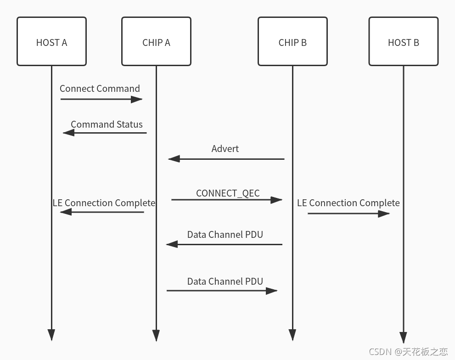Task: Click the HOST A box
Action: click(51, 42)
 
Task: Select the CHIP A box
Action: click(156, 42)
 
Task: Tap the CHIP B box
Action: click(292, 42)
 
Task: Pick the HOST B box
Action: click(403, 42)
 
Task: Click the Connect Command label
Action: click(100, 89)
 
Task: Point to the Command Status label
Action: click(107, 124)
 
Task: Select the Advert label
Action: click(225, 149)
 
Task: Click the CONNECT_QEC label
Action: click(228, 193)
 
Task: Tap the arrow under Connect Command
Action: click(101, 99)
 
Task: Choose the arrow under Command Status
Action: click(105, 133)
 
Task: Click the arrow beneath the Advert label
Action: click(226, 159)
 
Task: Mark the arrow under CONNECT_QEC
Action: click(226, 200)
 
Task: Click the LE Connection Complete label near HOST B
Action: click(348, 203)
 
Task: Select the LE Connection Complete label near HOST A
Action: click(104, 203)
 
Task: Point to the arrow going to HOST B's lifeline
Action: click(348, 214)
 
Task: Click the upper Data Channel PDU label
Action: click(225, 235)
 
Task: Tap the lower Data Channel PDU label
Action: click(225, 281)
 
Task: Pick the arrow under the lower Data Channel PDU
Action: click(222, 290)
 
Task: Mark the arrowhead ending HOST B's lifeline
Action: click(403, 337)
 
